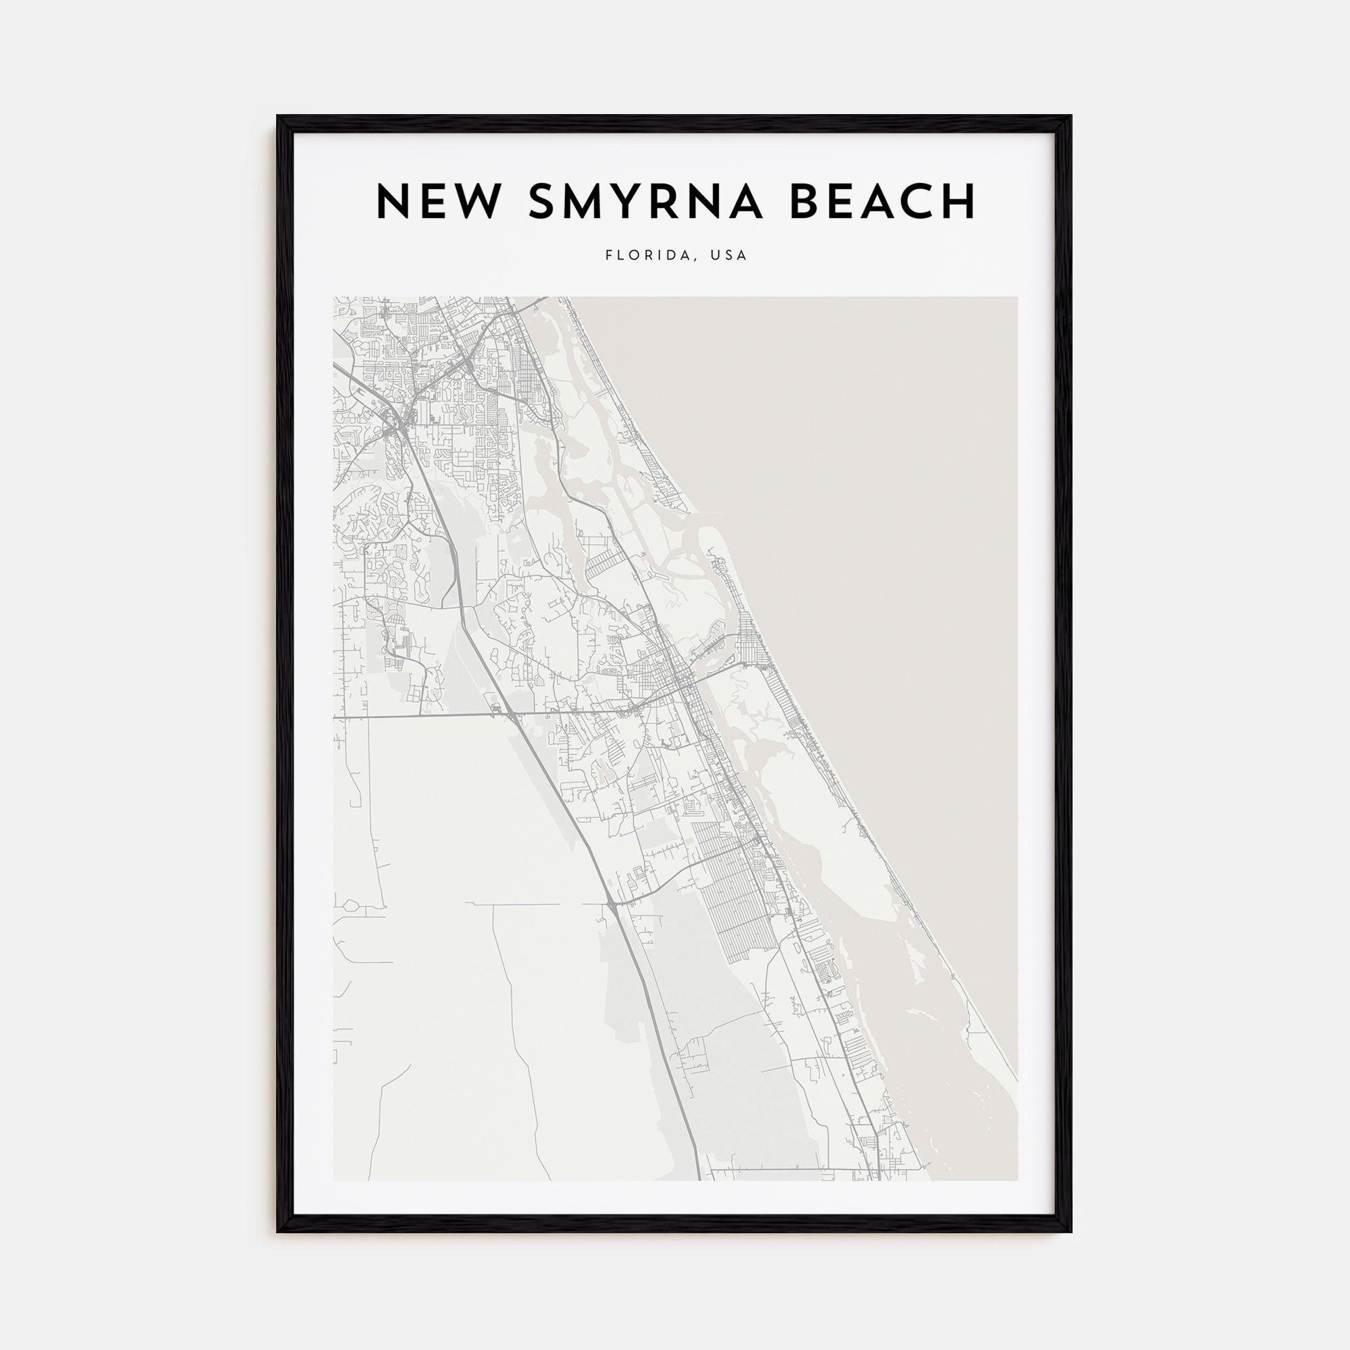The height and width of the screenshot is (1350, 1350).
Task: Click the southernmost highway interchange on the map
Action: pyautogui.click(x=611, y=906)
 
